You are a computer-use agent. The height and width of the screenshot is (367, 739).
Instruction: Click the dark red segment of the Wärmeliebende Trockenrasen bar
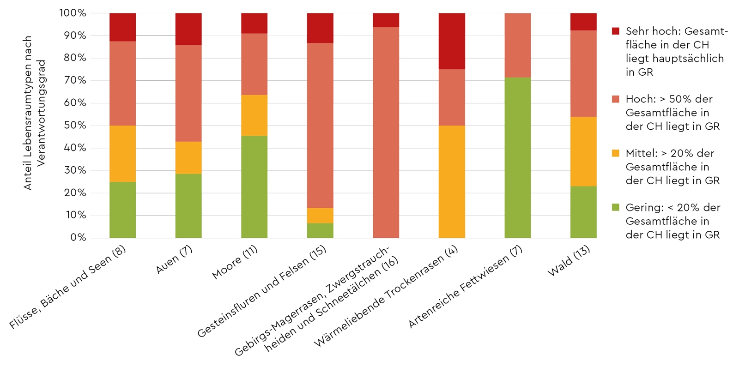tap(452, 41)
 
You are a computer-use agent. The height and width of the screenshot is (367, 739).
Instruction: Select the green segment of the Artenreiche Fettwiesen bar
tap(517, 157)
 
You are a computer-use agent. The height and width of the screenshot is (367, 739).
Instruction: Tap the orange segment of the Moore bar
tap(254, 115)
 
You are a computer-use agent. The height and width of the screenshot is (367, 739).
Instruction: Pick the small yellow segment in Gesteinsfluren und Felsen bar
tap(320, 216)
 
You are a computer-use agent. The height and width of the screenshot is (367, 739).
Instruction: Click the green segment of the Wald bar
tap(583, 212)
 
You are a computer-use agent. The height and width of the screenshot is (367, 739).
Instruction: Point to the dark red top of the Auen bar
tap(188, 29)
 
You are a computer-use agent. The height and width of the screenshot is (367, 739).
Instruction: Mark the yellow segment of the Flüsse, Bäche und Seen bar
tap(122, 154)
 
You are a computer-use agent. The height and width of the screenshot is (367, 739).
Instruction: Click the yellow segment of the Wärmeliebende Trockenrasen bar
tap(452, 181)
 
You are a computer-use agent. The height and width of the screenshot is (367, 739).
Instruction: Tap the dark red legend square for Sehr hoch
tap(615, 31)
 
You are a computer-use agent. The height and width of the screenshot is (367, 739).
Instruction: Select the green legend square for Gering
tap(615, 208)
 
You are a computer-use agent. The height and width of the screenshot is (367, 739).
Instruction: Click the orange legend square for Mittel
tap(615, 153)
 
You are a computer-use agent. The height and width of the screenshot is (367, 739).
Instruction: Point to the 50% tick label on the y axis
tap(75, 125)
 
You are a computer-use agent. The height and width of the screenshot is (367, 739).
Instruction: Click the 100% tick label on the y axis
tap(73, 13)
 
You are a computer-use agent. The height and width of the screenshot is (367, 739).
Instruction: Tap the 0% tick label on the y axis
tap(78, 237)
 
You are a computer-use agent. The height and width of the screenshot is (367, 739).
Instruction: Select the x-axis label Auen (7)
tap(174, 259)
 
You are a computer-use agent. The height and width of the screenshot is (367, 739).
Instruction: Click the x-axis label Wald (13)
tap(569, 261)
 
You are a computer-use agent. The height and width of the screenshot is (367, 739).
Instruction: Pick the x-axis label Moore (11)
tap(235, 262)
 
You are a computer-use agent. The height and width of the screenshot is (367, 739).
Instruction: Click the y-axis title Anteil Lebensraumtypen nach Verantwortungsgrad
tap(35, 113)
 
